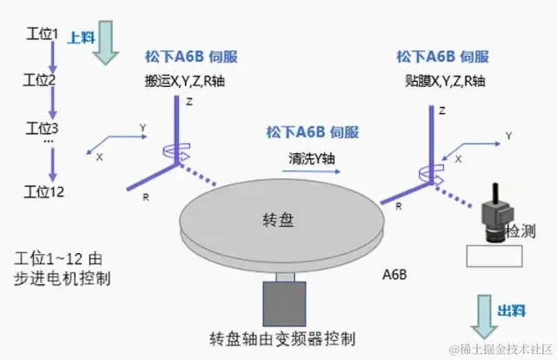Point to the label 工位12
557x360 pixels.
[x=43, y=191]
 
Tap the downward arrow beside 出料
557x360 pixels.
[x=484, y=316]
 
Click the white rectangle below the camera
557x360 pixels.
[x=494, y=256]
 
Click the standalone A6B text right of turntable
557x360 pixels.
[x=395, y=276]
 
